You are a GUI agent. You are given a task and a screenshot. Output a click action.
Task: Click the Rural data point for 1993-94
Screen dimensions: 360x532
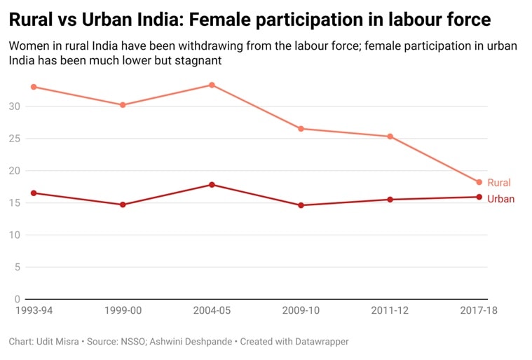point(33,87)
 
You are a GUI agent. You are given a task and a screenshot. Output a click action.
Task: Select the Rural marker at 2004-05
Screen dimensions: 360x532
point(212,85)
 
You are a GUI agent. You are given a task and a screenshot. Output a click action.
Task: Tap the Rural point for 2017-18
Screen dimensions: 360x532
point(479,182)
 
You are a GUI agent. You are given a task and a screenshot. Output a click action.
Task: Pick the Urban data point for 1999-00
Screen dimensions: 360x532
point(123,205)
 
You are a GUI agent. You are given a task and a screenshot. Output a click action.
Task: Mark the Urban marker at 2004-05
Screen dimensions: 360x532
point(212,185)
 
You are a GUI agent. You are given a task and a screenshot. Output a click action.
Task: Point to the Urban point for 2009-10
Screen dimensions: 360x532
point(301,205)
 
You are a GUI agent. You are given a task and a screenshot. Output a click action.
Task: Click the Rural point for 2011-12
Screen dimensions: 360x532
point(390,137)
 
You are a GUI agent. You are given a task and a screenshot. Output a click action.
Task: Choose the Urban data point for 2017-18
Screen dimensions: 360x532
point(479,197)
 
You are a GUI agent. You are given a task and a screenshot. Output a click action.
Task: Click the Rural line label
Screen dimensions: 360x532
point(498,183)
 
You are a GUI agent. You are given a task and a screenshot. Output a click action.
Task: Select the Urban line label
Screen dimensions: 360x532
point(500,199)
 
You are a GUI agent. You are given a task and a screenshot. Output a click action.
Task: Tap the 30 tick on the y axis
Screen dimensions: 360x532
point(14,106)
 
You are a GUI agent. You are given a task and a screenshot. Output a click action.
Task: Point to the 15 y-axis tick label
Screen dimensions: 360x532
point(14,203)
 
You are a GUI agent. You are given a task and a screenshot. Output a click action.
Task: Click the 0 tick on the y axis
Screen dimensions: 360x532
point(17,299)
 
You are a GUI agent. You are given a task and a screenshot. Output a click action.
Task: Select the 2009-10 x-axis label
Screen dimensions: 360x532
point(301,310)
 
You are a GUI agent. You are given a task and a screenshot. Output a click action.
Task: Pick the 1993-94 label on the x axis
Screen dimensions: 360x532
point(33,310)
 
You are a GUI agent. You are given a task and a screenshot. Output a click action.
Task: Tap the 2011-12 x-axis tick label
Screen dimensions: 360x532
point(390,310)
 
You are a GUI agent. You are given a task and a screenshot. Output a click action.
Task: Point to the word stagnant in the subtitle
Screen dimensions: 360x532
point(200,60)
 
